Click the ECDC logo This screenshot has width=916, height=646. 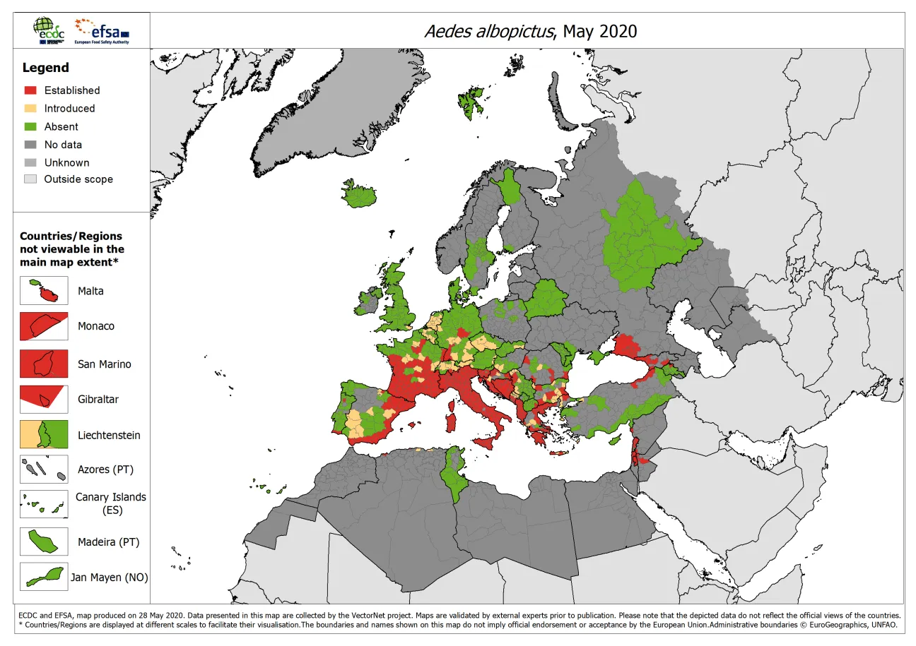point(47,31)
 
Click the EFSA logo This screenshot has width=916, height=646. point(103,32)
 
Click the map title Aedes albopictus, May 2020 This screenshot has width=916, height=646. point(530,31)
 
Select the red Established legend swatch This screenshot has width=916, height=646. point(30,90)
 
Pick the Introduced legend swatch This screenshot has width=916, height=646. point(30,109)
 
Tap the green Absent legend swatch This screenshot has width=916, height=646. point(30,127)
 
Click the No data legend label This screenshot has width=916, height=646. point(63,145)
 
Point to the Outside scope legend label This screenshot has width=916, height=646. point(78,179)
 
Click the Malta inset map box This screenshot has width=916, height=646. point(44,291)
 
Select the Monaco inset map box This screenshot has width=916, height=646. point(44,326)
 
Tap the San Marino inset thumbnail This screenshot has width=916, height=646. point(44,364)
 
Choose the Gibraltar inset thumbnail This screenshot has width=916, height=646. point(44,399)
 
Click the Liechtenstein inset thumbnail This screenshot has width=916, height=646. point(44,434)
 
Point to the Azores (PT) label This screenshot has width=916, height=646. point(105,469)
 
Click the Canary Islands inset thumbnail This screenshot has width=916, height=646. point(44,505)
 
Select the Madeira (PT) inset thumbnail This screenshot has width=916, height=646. point(44,542)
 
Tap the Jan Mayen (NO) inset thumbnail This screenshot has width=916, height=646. point(44,576)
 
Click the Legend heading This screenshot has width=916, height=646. point(46,68)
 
